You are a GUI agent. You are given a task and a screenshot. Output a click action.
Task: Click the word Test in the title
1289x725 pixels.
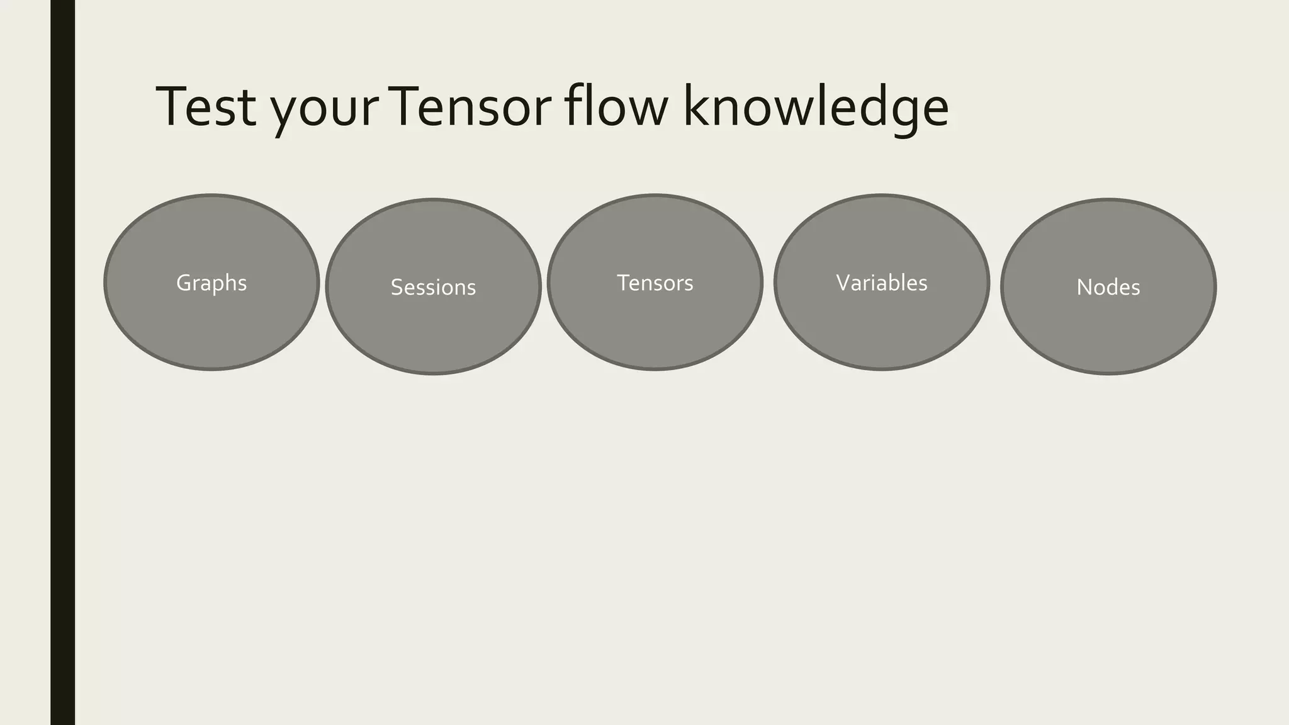click(206, 107)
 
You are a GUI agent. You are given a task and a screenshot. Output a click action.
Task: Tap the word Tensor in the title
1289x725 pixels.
click(472, 107)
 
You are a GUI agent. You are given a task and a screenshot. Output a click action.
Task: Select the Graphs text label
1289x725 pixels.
click(211, 283)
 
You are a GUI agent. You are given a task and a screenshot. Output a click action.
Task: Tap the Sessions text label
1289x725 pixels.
click(433, 288)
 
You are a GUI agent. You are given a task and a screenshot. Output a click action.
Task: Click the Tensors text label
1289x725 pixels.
click(655, 283)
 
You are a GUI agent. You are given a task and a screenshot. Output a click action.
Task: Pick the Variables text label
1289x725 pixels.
click(881, 283)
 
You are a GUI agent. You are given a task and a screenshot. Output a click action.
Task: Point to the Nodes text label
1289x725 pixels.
click(1108, 288)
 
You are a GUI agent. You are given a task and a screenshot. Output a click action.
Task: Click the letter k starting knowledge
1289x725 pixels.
click(695, 106)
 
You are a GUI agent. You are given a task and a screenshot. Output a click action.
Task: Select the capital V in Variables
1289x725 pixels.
click(843, 283)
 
